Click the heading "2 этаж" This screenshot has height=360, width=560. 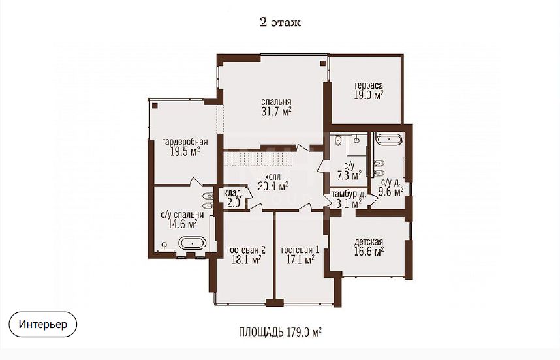click(280, 22)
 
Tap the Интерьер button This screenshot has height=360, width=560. click(43, 324)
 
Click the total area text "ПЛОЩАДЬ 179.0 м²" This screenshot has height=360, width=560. click(280, 332)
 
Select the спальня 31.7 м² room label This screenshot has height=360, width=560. click(276, 107)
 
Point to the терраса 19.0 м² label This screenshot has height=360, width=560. click(369, 90)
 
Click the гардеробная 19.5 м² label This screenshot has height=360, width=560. click(185, 147)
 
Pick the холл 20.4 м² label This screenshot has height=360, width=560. click(273, 181)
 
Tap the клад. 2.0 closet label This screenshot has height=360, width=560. click(233, 198)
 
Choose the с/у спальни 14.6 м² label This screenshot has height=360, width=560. click(182, 219)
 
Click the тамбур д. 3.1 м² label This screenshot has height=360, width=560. click(349, 199)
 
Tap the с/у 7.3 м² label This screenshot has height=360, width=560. click(349, 171)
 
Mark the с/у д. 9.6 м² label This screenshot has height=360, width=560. click(391, 188)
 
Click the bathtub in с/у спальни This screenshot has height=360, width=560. click(193, 243)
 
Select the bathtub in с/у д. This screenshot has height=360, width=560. click(390, 138)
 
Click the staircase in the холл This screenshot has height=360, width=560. click(258, 158)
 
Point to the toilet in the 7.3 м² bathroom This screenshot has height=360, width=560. click(338, 141)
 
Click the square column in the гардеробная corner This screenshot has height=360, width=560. click(155, 105)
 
